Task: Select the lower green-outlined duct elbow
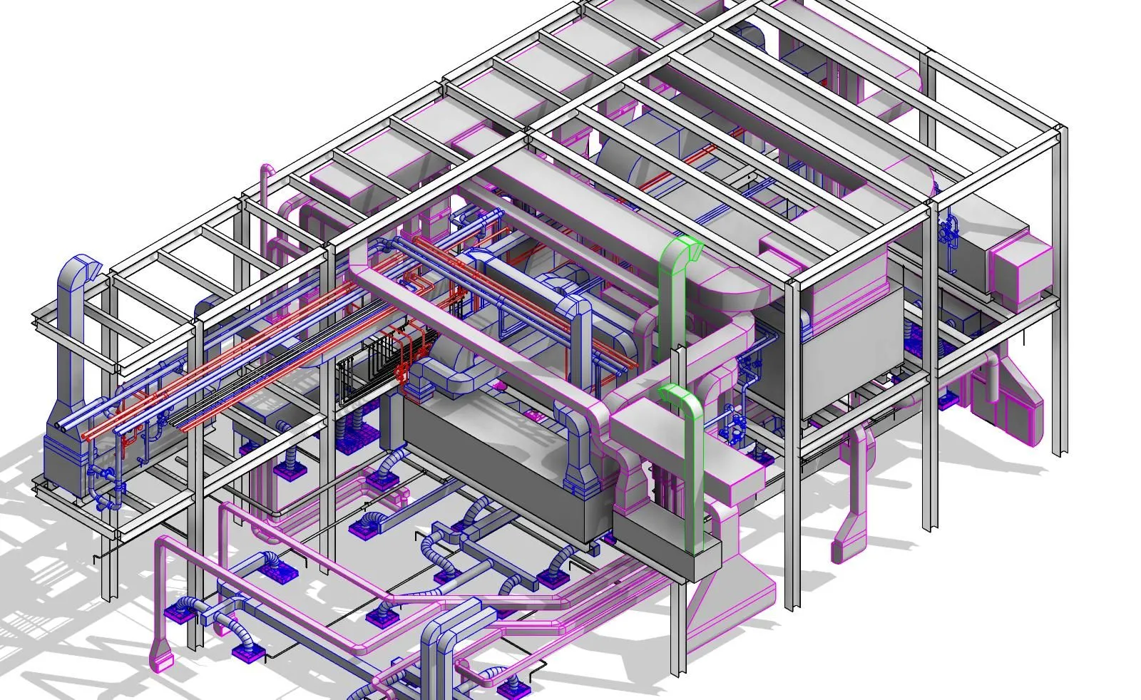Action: [x=677, y=396]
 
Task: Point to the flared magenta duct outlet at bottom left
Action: [x=162, y=656]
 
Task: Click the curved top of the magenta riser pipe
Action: [x=267, y=171]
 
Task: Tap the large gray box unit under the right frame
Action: [x=849, y=356]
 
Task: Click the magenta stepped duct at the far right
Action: [x=1013, y=399]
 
